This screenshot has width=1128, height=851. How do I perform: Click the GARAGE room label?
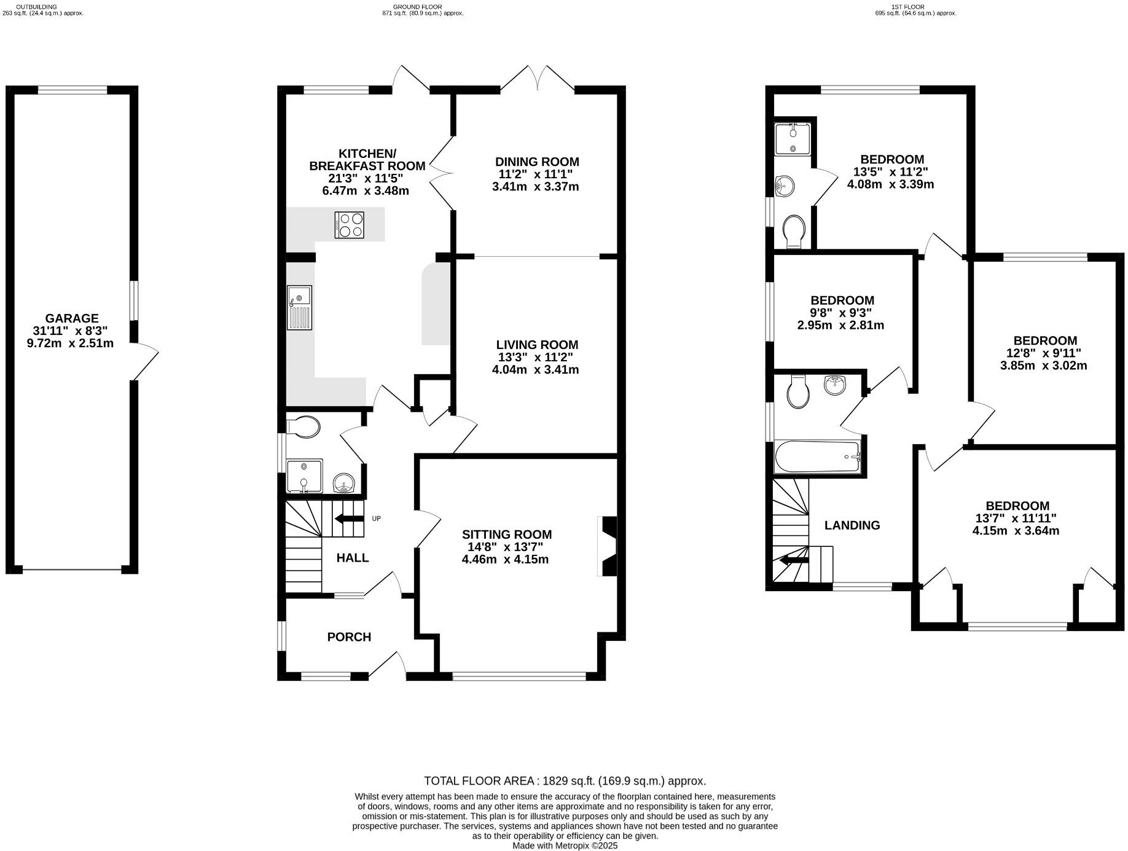(x=71, y=318)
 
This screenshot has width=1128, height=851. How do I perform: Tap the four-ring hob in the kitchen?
(x=349, y=224)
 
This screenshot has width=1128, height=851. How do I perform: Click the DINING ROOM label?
(x=537, y=162)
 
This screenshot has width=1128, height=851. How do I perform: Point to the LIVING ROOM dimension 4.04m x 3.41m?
(x=535, y=370)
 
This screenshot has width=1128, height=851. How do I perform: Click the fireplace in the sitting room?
(x=607, y=546)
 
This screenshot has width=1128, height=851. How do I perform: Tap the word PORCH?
(x=349, y=637)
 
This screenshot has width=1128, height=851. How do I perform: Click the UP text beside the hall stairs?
(x=376, y=519)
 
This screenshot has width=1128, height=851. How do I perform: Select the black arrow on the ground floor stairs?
(x=348, y=519)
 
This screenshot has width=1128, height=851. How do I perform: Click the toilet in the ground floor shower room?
(x=304, y=426)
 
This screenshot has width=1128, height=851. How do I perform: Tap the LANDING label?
(x=852, y=525)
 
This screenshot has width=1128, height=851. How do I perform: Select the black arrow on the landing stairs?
(x=793, y=560)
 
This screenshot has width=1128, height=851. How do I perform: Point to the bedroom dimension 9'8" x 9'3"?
(x=842, y=313)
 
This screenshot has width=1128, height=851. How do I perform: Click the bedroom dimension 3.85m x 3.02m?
(x=1044, y=366)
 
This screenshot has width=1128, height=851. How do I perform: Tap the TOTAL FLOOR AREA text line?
(x=565, y=781)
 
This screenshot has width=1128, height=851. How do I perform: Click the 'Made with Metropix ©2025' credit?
(x=565, y=845)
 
